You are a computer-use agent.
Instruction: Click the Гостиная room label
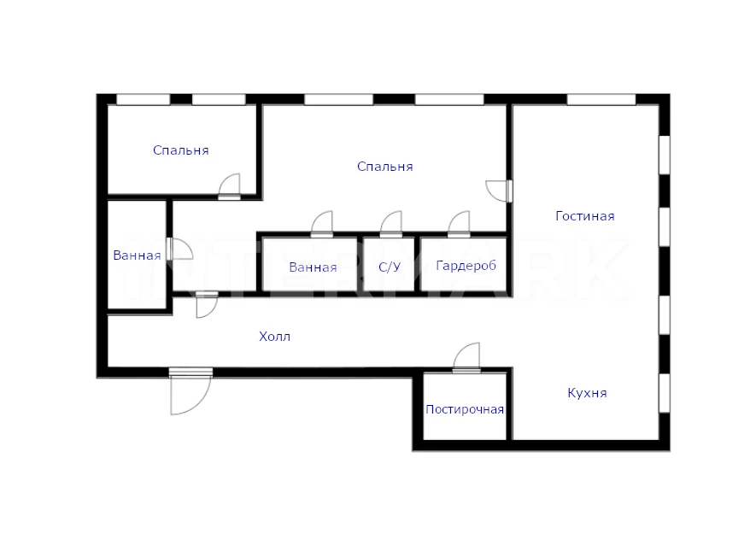pyautogui.click(x=585, y=216)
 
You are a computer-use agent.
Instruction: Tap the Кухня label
pyautogui.click(x=587, y=393)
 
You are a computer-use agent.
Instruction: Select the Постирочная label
pyautogui.click(x=465, y=410)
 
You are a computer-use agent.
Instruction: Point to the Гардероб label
pyautogui.click(x=466, y=266)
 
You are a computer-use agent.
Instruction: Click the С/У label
pyautogui.click(x=390, y=267)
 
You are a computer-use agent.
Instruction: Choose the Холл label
pyautogui.click(x=274, y=337)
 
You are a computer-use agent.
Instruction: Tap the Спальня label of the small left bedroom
pyautogui.click(x=181, y=150)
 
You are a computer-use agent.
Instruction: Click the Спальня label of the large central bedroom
pyautogui.click(x=384, y=167)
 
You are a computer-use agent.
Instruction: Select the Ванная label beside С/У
pyautogui.click(x=313, y=267)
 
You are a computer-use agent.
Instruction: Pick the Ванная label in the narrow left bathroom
pyautogui.click(x=137, y=255)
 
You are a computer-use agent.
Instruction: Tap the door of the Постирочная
pyautogui.click(x=466, y=358)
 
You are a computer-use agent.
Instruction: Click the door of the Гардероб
pyautogui.click(x=459, y=224)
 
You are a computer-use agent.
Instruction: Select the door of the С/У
pyautogui.click(x=391, y=224)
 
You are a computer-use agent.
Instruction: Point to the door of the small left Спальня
pyautogui.click(x=229, y=186)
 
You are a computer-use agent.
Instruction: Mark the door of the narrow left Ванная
pyautogui.click(x=179, y=249)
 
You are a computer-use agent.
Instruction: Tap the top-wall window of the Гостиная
pyautogui.click(x=601, y=100)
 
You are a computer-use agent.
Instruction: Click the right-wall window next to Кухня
pyautogui.click(x=665, y=393)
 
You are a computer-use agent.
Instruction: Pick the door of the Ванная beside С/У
pyautogui.click(x=321, y=224)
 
